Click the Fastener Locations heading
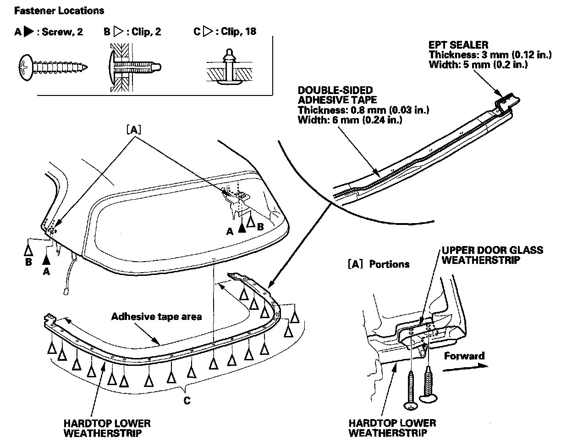point(59,11)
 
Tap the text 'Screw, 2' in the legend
point(62,32)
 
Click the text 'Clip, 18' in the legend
point(238,32)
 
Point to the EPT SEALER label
point(458,45)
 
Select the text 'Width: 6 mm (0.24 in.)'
point(350,120)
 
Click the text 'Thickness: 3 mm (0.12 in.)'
point(490,55)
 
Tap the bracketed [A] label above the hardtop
point(133,130)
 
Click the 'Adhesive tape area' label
point(156,316)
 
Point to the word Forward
point(464,356)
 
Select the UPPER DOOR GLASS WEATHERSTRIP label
point(492,255)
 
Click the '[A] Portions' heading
point(378,264)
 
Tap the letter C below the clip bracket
point(187,400)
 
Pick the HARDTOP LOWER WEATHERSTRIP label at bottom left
point(107,428)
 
